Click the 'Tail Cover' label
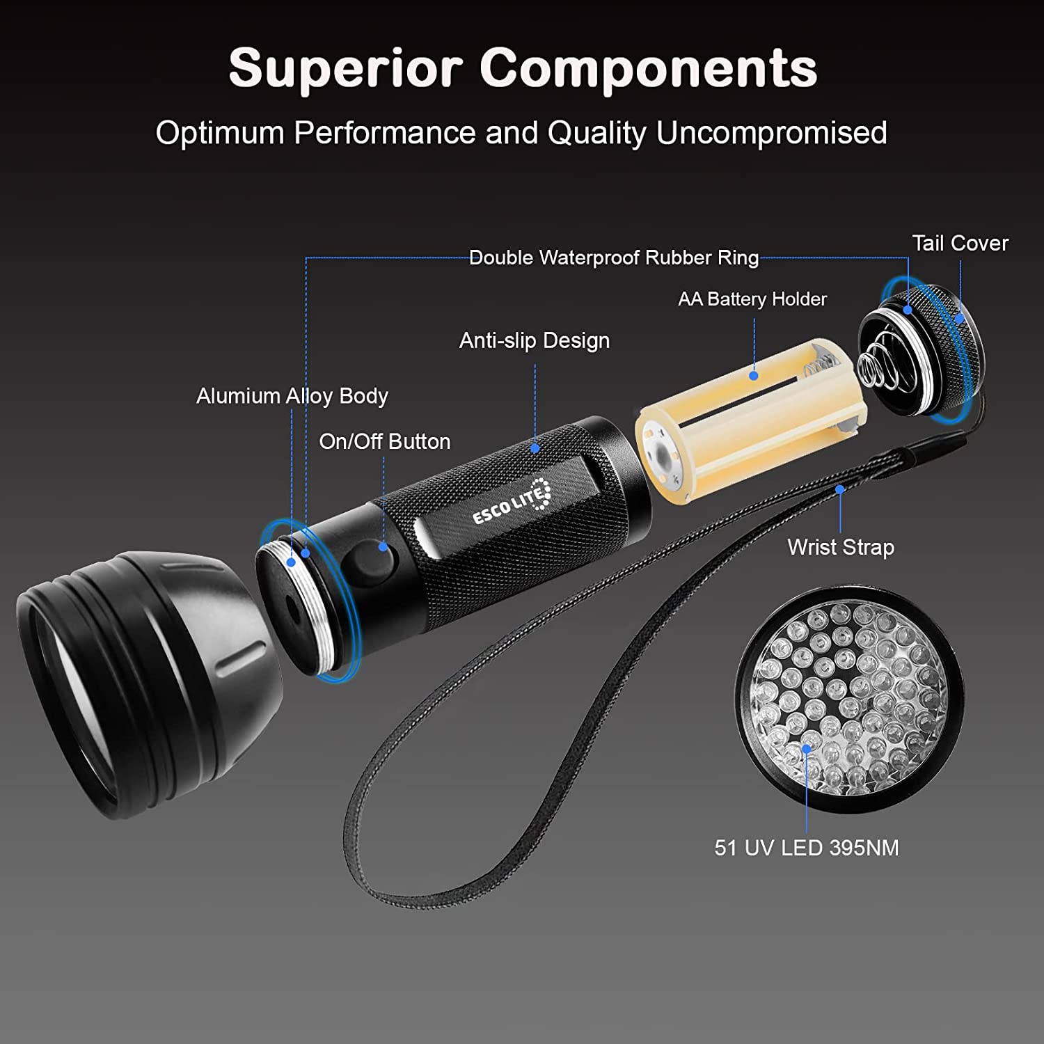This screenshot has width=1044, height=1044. click(960, 244)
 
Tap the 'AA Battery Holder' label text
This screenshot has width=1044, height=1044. click(752, 299)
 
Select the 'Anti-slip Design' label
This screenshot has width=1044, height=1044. click(534, 340)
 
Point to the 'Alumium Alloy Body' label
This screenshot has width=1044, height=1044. click(292, 396)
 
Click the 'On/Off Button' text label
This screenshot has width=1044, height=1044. click(384, 441)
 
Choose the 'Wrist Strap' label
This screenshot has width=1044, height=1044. click(841, 547)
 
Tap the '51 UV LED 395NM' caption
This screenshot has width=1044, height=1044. click(806, 848)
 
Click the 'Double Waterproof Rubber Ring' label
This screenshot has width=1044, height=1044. click(613, 258)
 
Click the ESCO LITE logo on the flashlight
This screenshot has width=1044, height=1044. click(512, 503)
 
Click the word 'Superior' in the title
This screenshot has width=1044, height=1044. click(345, 68)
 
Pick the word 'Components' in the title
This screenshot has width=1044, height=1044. click(648, 68)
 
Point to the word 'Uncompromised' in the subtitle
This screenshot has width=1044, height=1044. click(771, 133)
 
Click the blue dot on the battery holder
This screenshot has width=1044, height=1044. click(753, 376)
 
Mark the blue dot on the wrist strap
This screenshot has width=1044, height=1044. click(840, 489)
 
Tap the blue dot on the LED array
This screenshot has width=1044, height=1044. click(806, 749)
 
